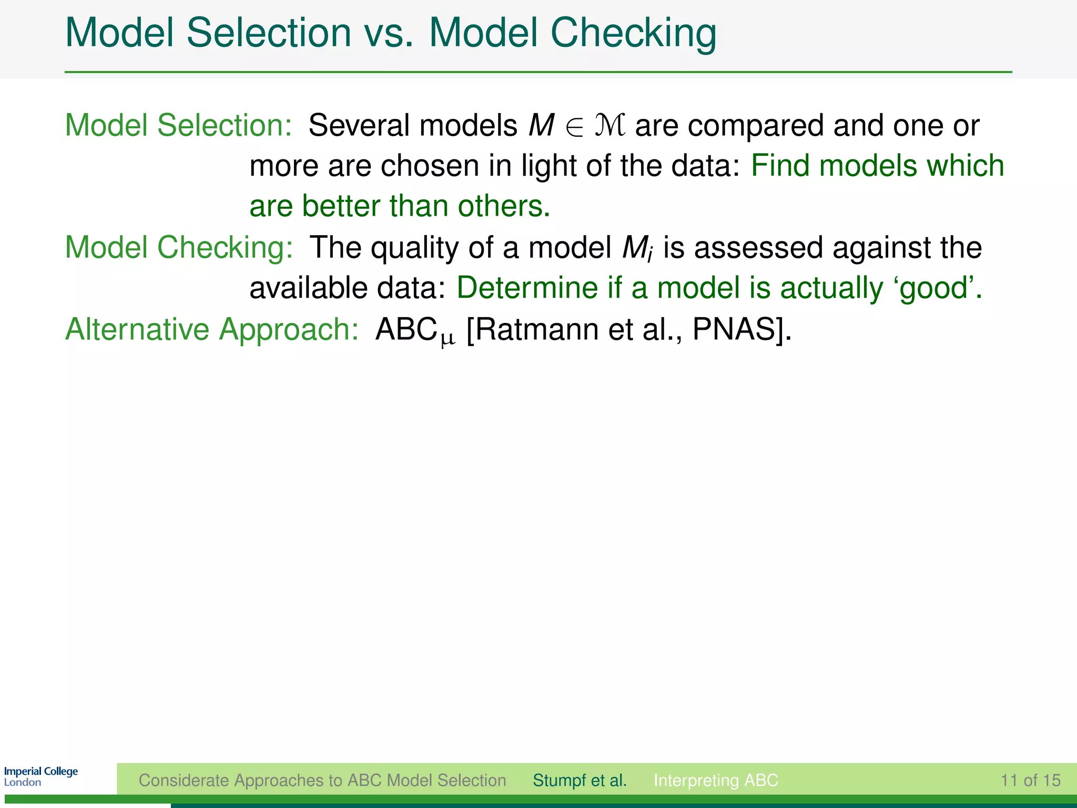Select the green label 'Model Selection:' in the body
pyautogui.click(x=178, y=126)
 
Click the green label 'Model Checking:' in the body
pyautogui.click(x=179, y=247)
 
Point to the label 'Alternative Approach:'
pyautogui.click(x=212, y=330)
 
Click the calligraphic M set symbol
pyautogui.click(x=610, y=126)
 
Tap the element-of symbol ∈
pyautogui.click(x=574, y=127)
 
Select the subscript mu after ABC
pyautogui.click(x=448, y=340)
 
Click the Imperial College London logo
pyautogui.click(x=41, y=776)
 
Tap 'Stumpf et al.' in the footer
pyautogui.click(x=580, y=780)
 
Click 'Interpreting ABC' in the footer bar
pyautogui.click(x=715, y=780)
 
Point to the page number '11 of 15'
pyautogui.click(x=1030, y=780)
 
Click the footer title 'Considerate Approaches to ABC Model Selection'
pyautogui.click(x=322, y=780)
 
